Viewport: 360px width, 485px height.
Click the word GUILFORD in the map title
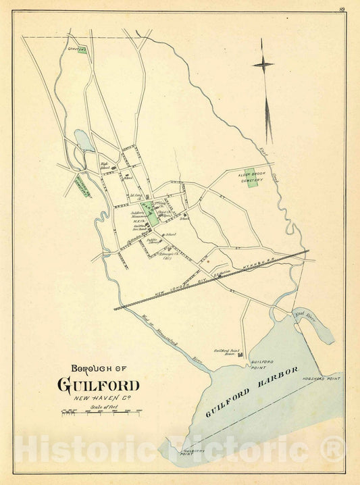click(99, 386)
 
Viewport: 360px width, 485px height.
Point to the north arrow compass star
click(263, 65)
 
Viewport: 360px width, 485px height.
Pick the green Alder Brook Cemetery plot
click(253, 178)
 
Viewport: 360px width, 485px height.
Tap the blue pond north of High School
click(85, 141)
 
